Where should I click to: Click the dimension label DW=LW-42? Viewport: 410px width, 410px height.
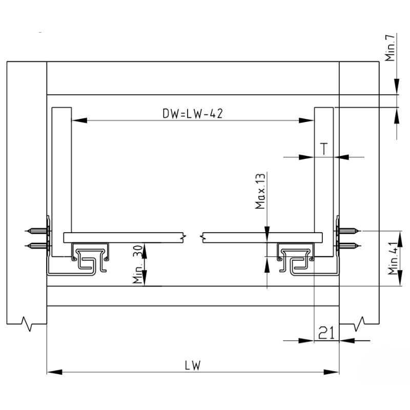click(192, 114)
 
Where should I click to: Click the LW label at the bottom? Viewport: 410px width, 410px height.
click(193, 365)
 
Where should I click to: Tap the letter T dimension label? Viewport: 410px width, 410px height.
click(324, 149)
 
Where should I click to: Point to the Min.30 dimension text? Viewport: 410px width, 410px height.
click(137, 264)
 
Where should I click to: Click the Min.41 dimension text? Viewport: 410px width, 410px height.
click(393, 258)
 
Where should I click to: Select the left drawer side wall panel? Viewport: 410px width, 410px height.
click(61, 169)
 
